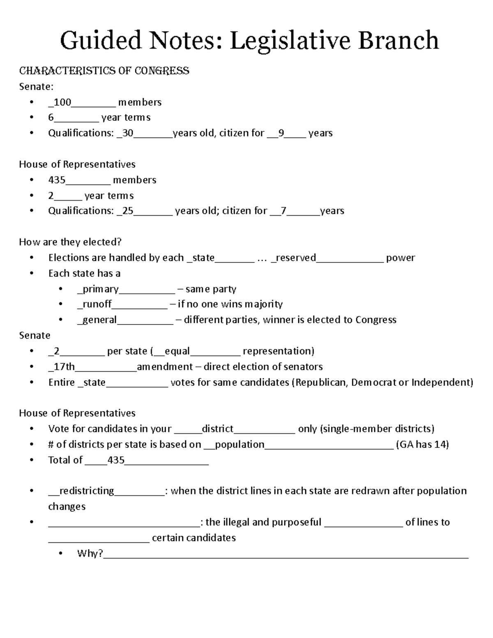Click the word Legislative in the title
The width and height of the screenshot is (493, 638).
290,41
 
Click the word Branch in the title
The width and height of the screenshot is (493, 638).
398,41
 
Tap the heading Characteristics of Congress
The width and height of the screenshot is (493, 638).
104,71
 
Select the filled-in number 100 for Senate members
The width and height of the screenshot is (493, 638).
62,102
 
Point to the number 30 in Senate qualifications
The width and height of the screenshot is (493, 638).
127,133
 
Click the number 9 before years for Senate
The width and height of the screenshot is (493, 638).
281,133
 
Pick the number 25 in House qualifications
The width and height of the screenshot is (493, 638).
128,211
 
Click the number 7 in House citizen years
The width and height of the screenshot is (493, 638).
283,211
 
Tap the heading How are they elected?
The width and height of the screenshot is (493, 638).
70,242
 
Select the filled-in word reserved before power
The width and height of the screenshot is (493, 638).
296,258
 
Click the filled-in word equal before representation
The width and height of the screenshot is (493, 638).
177,351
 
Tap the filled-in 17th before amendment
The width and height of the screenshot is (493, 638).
65,366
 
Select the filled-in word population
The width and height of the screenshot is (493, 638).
240,445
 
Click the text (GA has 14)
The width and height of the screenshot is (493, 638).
422,445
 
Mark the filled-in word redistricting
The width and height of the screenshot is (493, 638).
87,491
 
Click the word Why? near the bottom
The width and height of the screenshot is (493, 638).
90,553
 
